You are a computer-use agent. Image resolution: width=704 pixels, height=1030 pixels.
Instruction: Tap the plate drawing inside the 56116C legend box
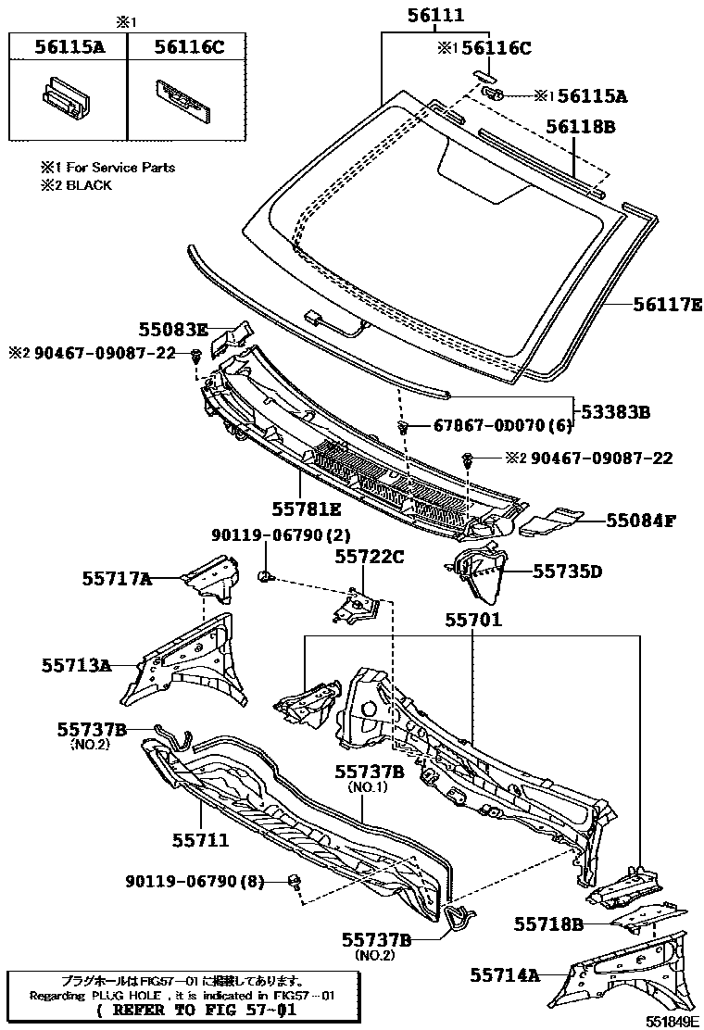point(184,97)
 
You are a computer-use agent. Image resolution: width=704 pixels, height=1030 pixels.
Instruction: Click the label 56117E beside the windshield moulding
point(667,303)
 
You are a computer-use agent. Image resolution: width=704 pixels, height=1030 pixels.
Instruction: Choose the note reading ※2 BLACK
point(75,185)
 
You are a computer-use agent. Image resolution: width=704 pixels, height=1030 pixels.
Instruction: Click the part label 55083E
point(173,329)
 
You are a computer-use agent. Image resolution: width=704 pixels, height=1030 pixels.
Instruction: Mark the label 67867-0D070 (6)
point(504,425)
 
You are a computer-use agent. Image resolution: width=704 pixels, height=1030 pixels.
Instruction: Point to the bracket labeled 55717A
point(211,576)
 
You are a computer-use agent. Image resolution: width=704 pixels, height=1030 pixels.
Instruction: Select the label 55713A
point(76,664)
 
